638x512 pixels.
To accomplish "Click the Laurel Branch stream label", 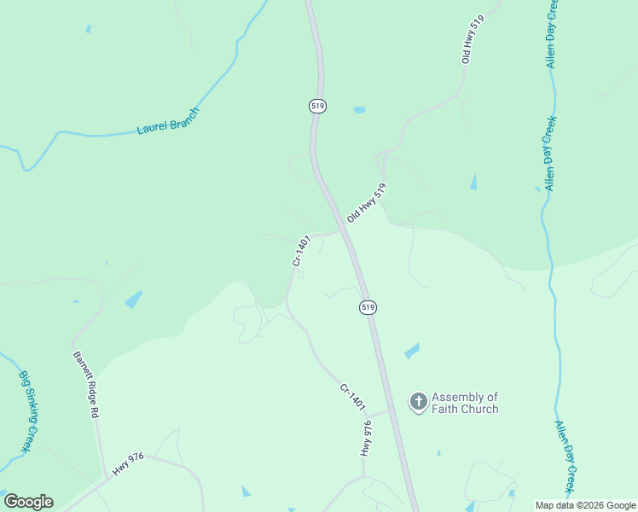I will tap(168, 121).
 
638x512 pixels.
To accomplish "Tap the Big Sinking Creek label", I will tap(26, 411).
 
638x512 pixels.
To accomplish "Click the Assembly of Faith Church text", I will tap(465, 403).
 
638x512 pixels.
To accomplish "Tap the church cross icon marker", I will tap(419, 402).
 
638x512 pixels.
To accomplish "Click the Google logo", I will tap(28, 502).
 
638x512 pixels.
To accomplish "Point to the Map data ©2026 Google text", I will tap(586, 505).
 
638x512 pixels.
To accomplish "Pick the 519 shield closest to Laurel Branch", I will tap(317, 106).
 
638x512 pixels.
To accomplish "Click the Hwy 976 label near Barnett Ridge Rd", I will tap(129, 465).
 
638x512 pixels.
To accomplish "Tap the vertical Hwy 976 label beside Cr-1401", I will tap(367, 438).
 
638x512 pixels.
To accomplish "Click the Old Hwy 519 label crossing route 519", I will tap(367, 203).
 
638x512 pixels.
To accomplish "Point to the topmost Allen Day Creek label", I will tap(552, 34).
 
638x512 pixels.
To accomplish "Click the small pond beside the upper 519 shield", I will tap(359, 110).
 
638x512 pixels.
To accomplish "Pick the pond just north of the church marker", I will tap(412, 351).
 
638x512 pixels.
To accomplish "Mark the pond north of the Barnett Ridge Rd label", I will tap(133, 299).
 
